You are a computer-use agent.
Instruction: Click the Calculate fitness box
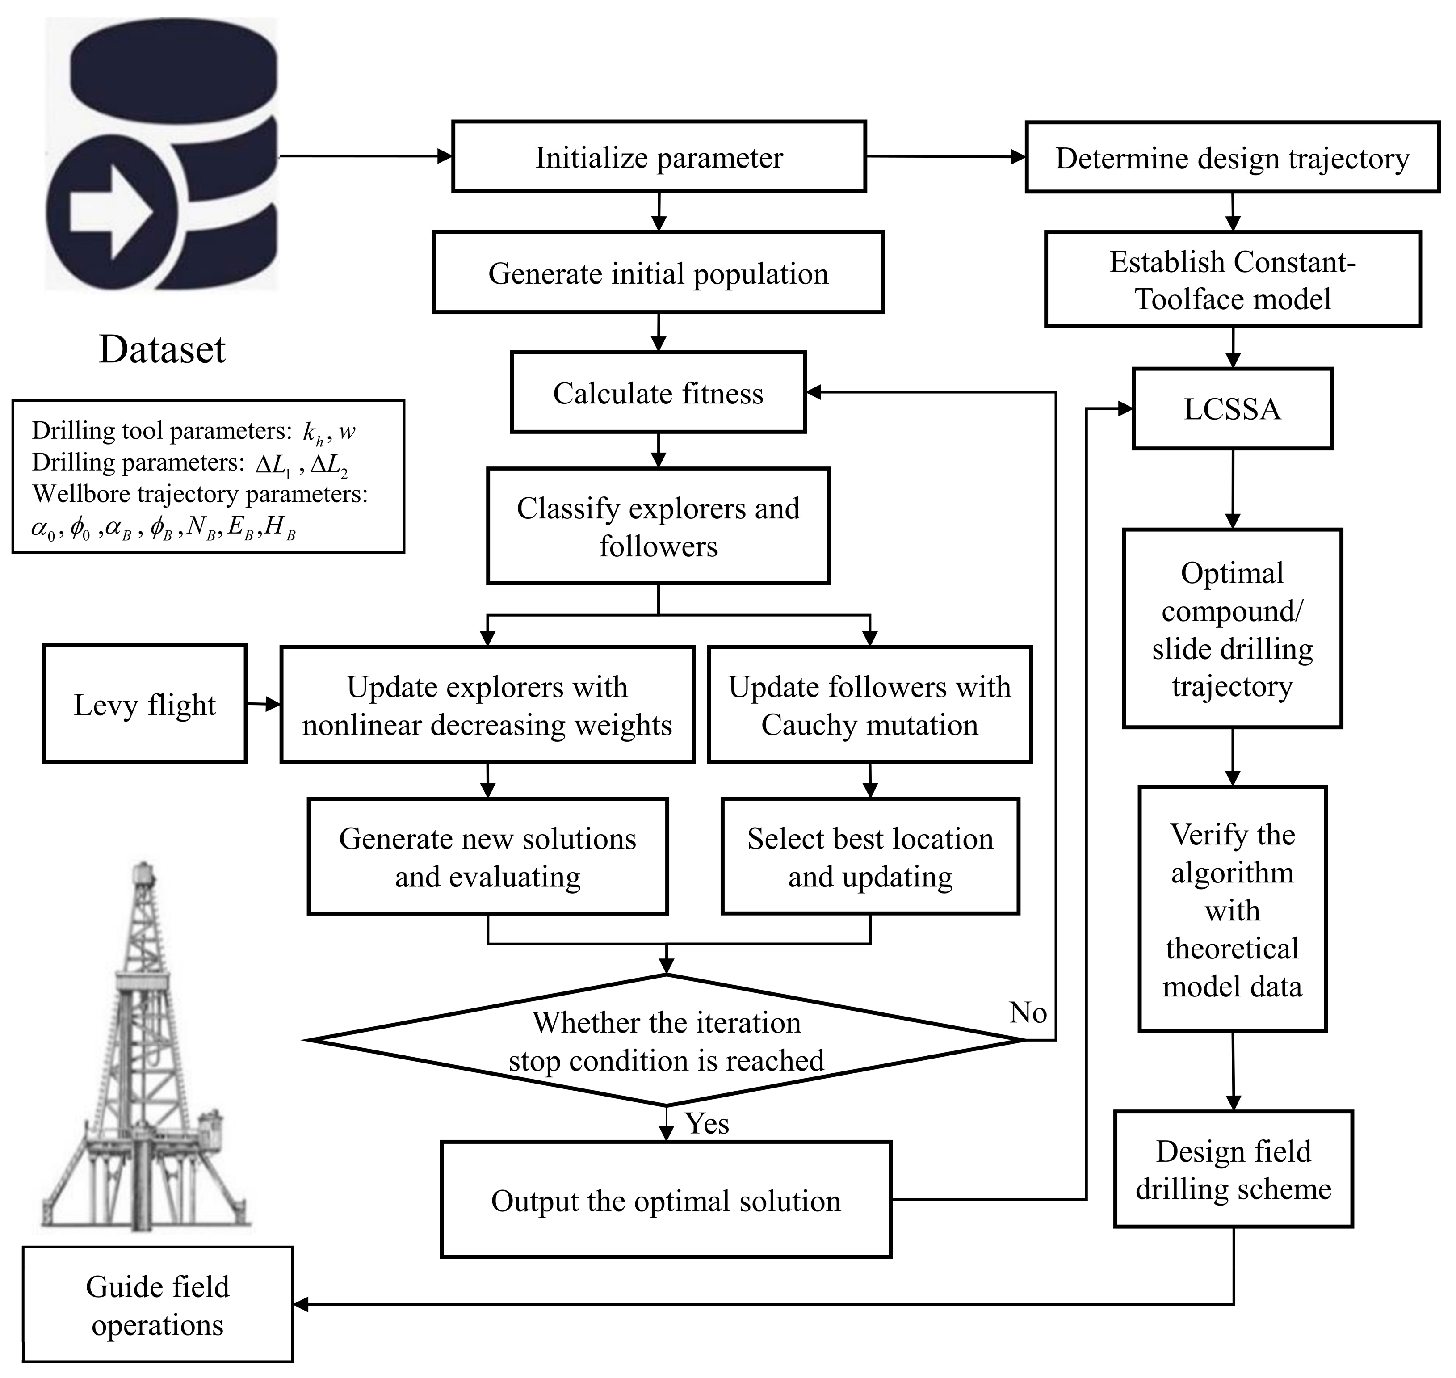658,393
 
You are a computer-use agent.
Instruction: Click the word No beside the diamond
1028,1013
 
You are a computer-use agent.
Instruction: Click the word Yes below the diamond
707,1123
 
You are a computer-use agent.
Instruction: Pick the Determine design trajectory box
1232,158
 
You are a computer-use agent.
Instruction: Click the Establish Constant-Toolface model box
1232,280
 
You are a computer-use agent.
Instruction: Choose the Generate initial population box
658,273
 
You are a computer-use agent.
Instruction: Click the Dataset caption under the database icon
162,350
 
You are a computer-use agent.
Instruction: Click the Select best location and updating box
870,857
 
